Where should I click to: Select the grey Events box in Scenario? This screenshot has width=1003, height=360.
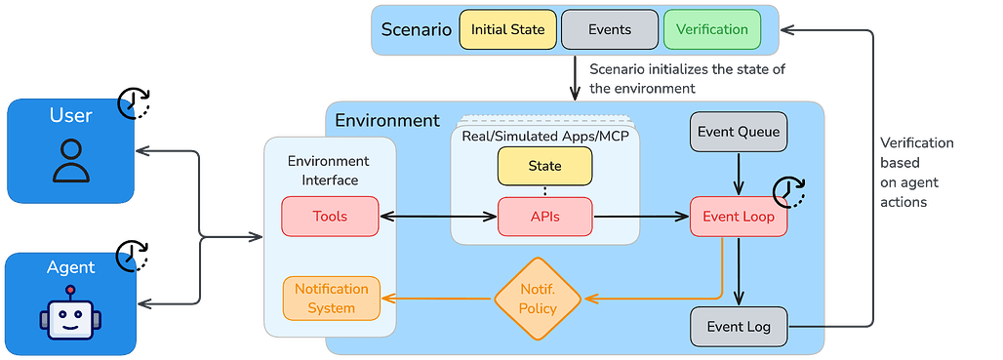(x=609, y=29)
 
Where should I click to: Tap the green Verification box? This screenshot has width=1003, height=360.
(x=711, y=29)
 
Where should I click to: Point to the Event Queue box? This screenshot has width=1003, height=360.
(x=739, y=131)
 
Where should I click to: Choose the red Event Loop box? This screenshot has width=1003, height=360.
(x=739, y=217)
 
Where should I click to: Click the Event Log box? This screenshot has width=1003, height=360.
(x=739, y=327)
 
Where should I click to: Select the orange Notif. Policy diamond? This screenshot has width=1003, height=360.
(x=538, y=299)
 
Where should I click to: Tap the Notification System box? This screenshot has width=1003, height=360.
(x=332, y=299)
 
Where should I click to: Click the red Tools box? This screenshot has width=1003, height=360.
(x=329, y=217)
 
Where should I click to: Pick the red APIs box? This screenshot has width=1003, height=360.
(x=544, y=217)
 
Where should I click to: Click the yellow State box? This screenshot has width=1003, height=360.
(x=544, y=166)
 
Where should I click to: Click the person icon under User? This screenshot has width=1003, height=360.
(x=70, y=161)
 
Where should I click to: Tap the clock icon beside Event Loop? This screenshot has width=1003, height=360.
(x=790, y=193)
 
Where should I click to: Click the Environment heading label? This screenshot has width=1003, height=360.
(x=387, y=121)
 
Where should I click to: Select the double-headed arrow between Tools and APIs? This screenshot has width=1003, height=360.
(x=437, y=217)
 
